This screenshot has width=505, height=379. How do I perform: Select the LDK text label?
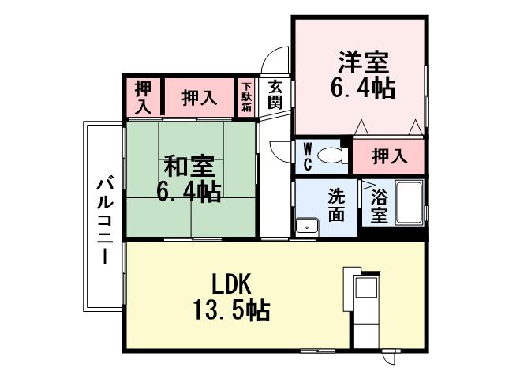(230, 282)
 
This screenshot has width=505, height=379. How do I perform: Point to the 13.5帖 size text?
(230, 309)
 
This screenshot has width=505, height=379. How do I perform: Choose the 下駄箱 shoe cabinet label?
(247, 96)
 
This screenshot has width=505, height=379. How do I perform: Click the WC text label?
(308, 156)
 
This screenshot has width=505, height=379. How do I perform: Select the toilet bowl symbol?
(335, 156)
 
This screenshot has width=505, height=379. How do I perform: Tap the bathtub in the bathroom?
(409, 201)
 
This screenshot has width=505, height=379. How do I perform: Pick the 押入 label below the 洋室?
(390, 156)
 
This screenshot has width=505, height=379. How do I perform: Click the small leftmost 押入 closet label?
(144, 96)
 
